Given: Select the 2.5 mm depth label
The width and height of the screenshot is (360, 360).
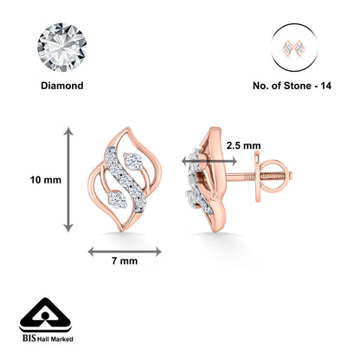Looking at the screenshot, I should (x=240, y=145).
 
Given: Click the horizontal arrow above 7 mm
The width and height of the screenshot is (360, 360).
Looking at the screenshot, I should (x=125, y=252).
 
